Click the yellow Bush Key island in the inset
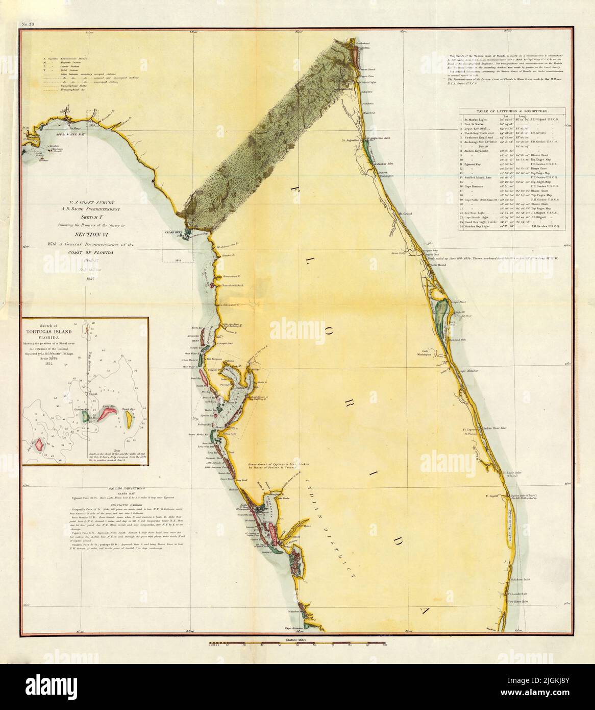pyautogui.click(x=128, y=420)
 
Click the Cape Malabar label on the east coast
pyautogui.click(x=468, y=368)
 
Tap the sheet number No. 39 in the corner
pyautogui.click(x=27, y=24)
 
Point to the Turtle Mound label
pyautogui.click(x=438, y=266)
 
